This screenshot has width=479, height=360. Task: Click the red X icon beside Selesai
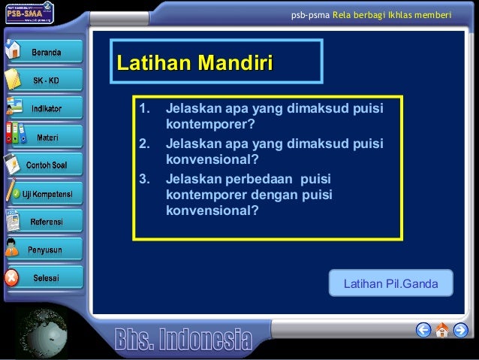11,277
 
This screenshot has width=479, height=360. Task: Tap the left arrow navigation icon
423,330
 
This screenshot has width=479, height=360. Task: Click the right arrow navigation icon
460,330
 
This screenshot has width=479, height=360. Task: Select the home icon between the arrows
442,329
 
